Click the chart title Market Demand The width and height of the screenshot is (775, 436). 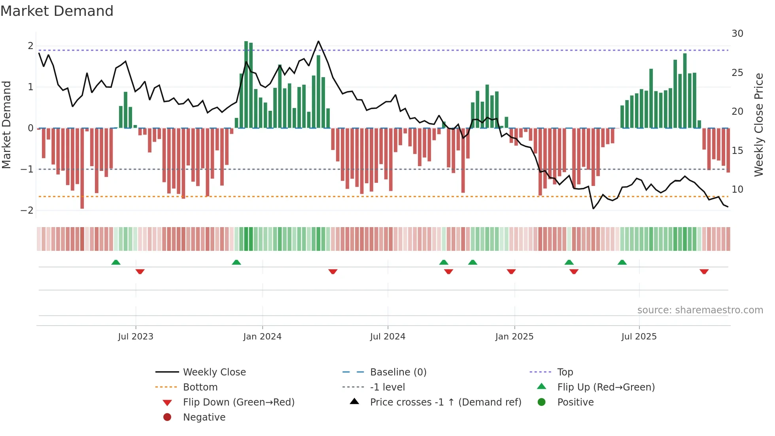pos(57,11)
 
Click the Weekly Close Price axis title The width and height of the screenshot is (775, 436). pos(758,125)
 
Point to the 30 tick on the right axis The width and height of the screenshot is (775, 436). pos(737,34)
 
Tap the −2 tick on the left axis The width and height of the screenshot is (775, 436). pos(27,210)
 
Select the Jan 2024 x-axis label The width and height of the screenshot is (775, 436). pos(262,337)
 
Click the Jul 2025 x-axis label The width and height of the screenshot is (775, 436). pos(639,337)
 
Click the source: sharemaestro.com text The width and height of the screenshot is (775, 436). pos(700,310)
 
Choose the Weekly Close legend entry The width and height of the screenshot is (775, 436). pos(214,372)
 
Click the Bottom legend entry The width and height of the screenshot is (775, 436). pos(200,387)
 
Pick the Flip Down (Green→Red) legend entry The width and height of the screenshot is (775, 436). pos(238,402)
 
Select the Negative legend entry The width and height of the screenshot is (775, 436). pos(204,417)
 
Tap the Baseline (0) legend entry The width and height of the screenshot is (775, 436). pos(398,372)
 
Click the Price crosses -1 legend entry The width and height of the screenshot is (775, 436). pos(445,402)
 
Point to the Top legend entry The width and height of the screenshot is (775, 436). pos(565,372)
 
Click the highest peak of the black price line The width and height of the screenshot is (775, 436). pos(318,41)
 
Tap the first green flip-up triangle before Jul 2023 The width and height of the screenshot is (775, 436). pos(115,262)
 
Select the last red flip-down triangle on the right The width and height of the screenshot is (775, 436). pos(704,271)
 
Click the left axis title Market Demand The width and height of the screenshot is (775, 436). pos(6,125)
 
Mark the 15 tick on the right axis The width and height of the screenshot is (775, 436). pos(737,151)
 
